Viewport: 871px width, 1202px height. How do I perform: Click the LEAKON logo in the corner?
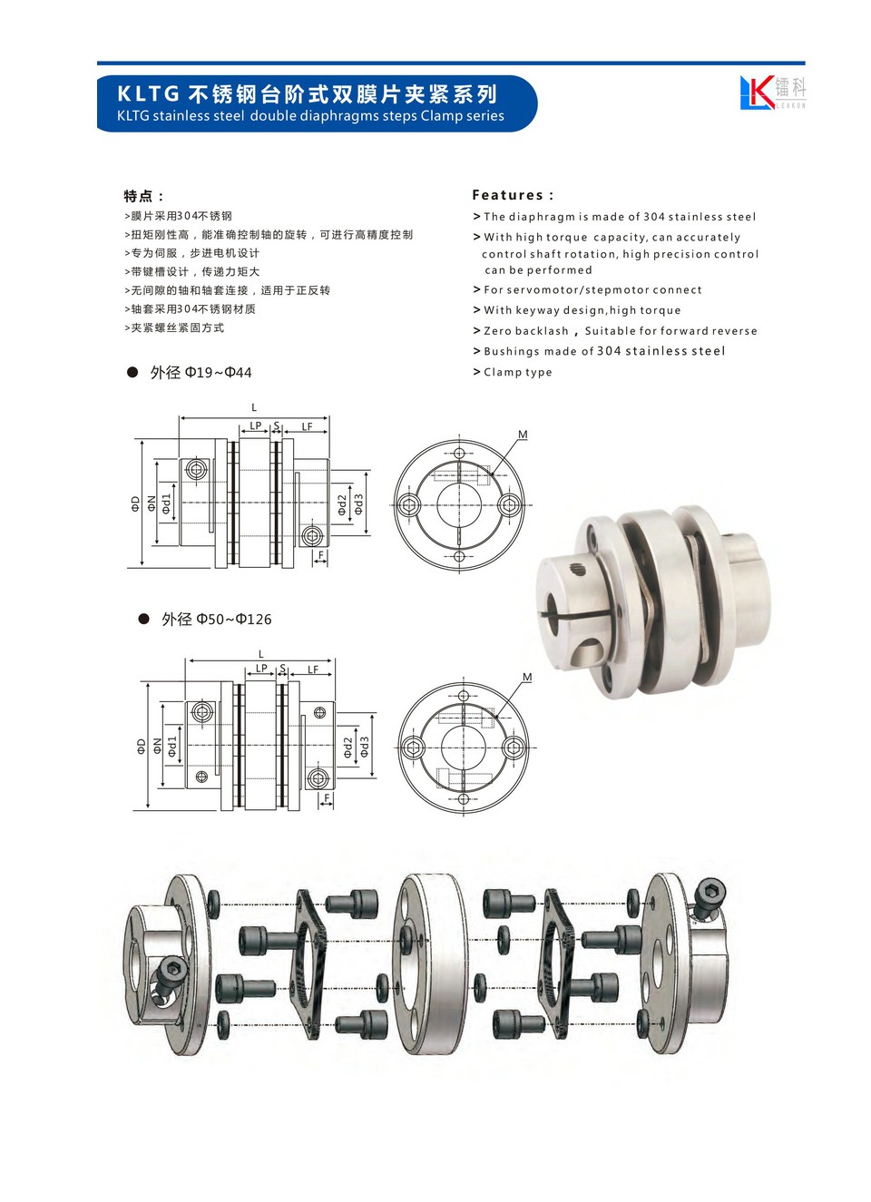[x=773, y=93]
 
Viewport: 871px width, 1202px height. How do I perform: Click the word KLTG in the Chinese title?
[x=148, y=94]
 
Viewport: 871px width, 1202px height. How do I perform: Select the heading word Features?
[x=508, y=195]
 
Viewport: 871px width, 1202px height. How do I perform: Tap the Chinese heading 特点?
[x=138, y=196]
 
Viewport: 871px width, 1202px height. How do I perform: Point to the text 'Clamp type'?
[x=517, y=372]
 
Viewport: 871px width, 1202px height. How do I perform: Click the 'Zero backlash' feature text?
[x=526, y=330]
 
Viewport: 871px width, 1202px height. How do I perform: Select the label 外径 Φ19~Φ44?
[x=201, y=373]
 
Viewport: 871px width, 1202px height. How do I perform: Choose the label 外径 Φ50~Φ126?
[x=216, y=620]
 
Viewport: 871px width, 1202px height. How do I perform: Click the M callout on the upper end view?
[x=523, y=435]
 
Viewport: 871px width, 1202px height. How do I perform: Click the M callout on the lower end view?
[x=527, y=678]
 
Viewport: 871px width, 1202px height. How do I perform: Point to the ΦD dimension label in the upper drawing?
[x=134, y=503]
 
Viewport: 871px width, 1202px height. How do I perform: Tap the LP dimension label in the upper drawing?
[x=256, y=425]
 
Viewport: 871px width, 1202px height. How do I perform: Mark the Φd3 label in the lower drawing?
[x=365, y=747]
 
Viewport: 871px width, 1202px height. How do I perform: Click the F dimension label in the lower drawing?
[x=327, y=798]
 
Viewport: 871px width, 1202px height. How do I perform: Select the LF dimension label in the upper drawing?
[x=307, y=426]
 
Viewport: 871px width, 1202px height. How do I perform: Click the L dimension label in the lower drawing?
[x=260, y=654]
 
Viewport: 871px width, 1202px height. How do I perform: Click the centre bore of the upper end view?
[x=459, y=505]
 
